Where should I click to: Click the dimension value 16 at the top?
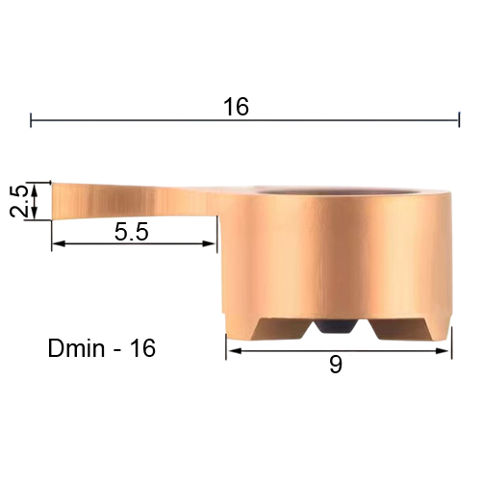[x=236, y=107]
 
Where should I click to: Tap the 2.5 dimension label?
[x=18, y=201]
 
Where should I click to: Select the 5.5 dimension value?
[x=132, y=232]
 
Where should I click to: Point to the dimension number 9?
[x=336, y=365]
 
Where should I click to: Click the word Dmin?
[x=76, y=348]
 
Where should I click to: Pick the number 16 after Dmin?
[x=143, y=348]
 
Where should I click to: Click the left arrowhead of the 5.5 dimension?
[x=59, y=244]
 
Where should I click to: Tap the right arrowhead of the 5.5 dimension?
[x=209, y=244]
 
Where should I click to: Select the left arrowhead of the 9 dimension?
[x=234, y=351]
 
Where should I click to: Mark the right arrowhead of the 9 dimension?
[x=443, y=351]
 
